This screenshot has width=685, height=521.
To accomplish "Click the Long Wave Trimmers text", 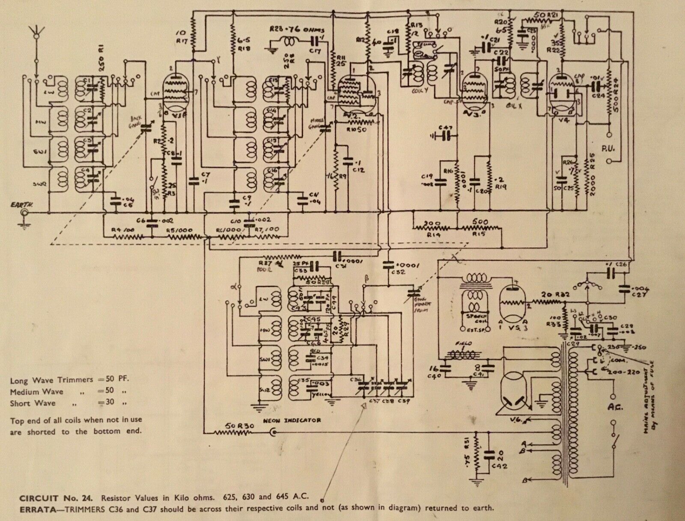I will click(x=51, y=380).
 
